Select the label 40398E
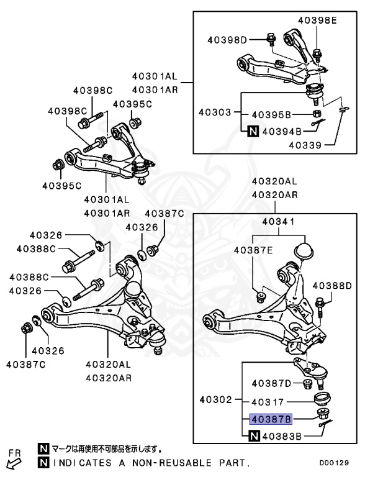click(317, 20)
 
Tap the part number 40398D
click(227, 40)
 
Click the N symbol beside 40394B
click(253, 131)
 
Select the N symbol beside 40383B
click(253, 437)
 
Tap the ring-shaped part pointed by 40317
click(323, 397)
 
